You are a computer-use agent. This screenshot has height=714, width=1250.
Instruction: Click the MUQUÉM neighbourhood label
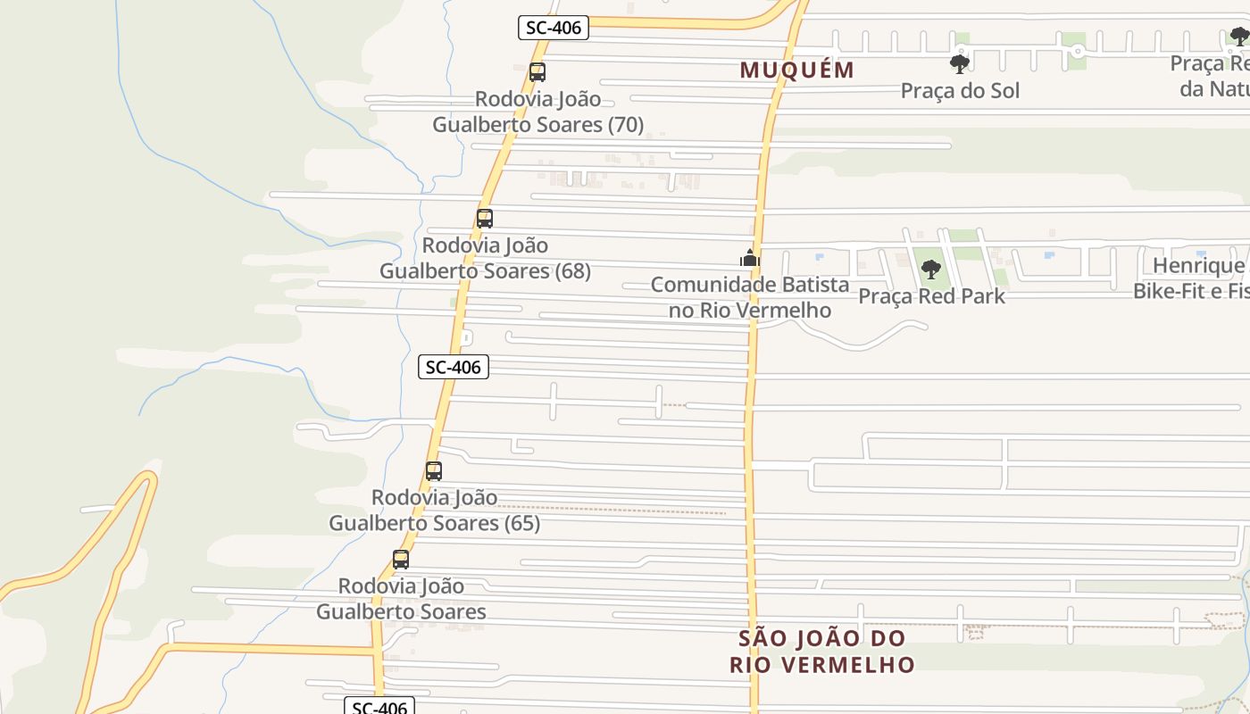pyautogui.click(x=796, y=70)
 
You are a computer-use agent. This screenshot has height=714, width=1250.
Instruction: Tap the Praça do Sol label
pyautogui.click(x=960, y=90)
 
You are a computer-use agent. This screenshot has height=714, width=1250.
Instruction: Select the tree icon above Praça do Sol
pyautogui.click(x=960, y=63)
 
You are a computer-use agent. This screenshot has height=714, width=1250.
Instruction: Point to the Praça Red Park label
pyautogui.click(x=931, y=295)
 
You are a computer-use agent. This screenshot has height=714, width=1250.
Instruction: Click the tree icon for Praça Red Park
pyautogui.click(x=931, y=269)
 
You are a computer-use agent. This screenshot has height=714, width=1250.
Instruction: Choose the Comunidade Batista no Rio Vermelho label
pyautogui.click(x=750, y=297)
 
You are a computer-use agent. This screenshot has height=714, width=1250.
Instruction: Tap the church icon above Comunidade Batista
pyautogui.click(x=749, y=259)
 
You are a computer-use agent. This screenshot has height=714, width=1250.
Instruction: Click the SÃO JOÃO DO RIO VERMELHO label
pyautogui.click(x=822, y=652)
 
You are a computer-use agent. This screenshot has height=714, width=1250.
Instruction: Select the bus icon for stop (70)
pyautogui.click(x=537, y=72)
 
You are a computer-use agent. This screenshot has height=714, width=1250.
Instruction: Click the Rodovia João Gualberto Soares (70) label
pyautogui.click(x=537, y=112)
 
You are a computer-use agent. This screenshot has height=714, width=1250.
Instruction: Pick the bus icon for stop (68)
pyautogui.click(x=485, y=219)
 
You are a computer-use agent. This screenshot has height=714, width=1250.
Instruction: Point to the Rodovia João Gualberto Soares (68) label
pyautogui.click(x=485, y=258)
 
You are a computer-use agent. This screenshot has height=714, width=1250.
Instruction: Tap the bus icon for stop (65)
pyautogui.click(x=434, y=471)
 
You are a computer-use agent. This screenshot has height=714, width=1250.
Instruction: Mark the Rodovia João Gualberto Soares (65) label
pyautogui.click(x=434, y=511)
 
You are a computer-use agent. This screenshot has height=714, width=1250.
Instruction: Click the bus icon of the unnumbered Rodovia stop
pyautogui.click(x=401, y=560)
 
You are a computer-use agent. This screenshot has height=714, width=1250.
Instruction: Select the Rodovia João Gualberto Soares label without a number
pyautogui.click(x=401, y=599)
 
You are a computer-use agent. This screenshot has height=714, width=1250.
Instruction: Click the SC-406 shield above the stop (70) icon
pyautogui.click(x=554, y=28)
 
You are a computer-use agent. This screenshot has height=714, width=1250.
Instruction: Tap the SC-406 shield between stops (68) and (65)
pyautogui.click(x=454, y=366)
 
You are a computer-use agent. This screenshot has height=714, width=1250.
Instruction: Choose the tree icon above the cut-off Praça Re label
pyautogui.click(x=1239, y=37)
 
